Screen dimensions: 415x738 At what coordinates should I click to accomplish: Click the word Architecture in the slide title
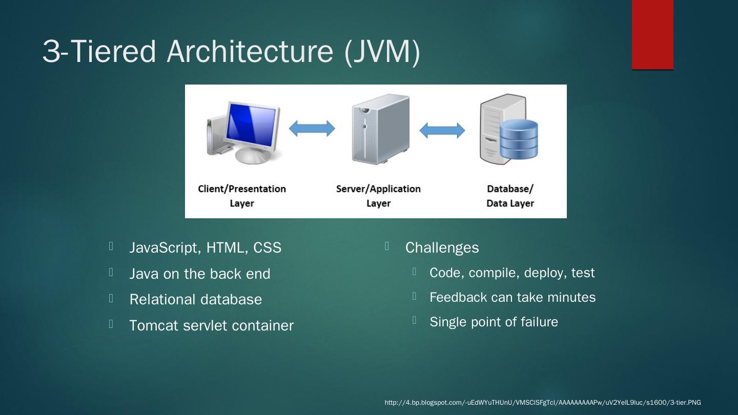point(250,51)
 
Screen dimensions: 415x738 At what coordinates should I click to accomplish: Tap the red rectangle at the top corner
point(652,34)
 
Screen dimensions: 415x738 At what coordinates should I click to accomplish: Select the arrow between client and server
point(312,129)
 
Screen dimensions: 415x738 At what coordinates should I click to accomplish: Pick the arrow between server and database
point(442,131)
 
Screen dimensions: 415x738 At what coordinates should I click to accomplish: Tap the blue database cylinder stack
point(519,139)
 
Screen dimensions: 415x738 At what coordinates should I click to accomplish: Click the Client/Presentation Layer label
point(242,196)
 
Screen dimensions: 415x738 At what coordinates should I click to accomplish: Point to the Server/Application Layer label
point(378,196)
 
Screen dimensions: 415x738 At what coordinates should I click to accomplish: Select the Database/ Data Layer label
point(510,196)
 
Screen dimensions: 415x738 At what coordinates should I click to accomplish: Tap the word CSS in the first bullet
point(267,248)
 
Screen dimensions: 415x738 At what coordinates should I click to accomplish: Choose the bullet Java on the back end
point(199,274)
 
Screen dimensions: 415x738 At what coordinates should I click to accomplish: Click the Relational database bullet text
point(195,300)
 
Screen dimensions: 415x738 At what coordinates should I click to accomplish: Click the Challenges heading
point(442,248)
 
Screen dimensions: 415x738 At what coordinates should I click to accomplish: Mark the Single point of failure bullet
point(494,322)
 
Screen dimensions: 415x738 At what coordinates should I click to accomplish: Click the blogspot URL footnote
point(543,403)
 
